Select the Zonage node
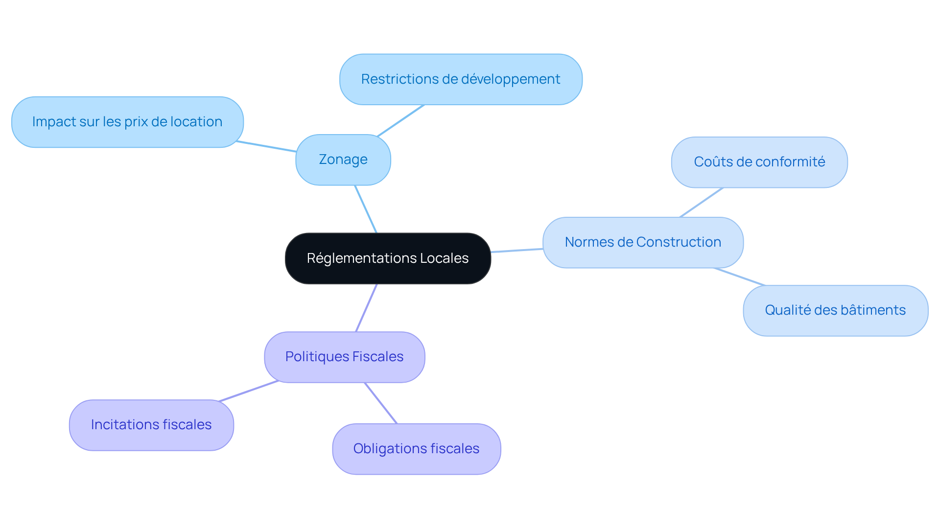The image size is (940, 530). [343, 160]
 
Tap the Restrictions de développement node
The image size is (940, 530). [460, 79]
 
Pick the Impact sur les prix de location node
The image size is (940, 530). [127, 122]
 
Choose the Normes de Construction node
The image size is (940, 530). [643, 242]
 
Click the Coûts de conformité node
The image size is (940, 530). [759, 162]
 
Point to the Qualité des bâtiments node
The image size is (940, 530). [835, 310]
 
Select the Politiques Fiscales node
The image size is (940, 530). [344, 357]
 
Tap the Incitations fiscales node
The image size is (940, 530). [151, 425]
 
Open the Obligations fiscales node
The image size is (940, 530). [416, 449]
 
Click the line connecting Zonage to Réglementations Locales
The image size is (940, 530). [366, 209]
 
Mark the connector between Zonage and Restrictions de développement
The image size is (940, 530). [400, 120]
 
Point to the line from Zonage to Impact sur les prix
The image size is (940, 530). [266, 146]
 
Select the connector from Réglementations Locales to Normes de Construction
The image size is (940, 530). [517, 251]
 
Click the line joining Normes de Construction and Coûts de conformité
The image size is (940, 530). [702, 202]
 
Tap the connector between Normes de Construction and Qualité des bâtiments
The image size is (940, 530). [739, 277]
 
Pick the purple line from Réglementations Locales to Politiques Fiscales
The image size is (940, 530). [366, 308]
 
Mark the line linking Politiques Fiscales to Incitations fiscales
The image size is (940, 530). [249, 391]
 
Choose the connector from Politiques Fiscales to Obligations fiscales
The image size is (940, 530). [381, 403]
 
